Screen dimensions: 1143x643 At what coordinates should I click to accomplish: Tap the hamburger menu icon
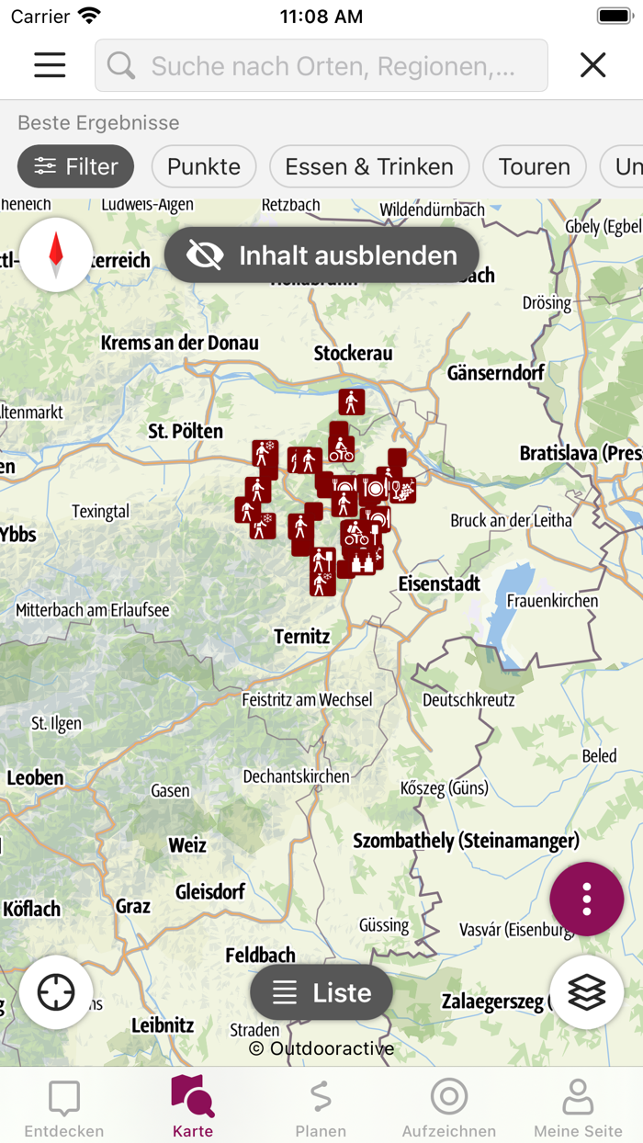tap(50, 64)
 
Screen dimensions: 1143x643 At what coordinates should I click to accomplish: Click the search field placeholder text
tap(333, 66)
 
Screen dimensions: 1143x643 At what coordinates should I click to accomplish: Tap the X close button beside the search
tap(593, 64)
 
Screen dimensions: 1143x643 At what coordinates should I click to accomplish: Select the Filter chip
tap(76, 166)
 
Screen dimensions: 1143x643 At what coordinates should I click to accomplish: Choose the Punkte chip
tap(204, 166)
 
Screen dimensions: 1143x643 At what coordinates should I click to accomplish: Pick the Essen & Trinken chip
tap(369, 166)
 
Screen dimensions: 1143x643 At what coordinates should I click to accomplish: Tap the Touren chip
tap(535, 166)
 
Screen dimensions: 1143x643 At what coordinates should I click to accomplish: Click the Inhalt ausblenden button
tap(321, 255)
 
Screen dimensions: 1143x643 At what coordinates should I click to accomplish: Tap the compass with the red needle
tap(56, 255)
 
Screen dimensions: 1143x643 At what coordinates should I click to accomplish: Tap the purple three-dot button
tap(587, 899)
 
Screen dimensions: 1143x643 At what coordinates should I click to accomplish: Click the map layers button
tap(587, 992)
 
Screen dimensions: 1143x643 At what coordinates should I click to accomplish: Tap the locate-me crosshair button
tap(56, 992)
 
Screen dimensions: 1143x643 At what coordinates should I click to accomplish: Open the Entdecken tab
tap(64, 1107)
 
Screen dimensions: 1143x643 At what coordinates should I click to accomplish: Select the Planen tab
tap(321, 1107)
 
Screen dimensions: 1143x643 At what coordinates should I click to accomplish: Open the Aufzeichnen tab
tap(449, 1107)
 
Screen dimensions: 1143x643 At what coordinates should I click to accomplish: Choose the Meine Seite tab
tap(578, 1107)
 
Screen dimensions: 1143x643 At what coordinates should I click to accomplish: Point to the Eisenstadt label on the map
tap(439, 583)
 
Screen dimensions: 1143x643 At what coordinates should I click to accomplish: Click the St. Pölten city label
tap(186, 430)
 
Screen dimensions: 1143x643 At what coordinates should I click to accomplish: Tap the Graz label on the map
tap(133, 907)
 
